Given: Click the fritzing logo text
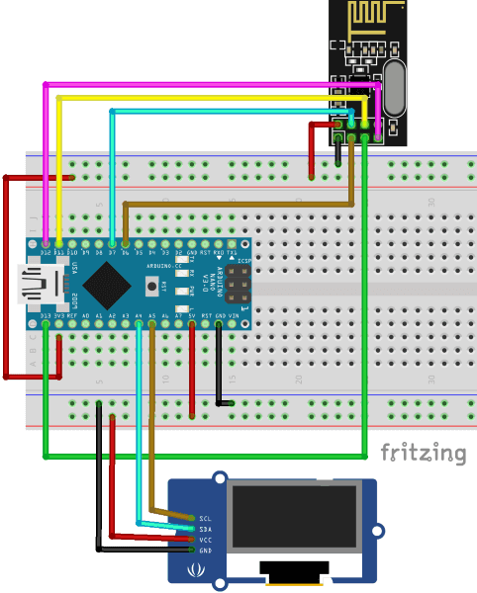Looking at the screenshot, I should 424,454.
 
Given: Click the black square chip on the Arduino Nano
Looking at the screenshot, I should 105,285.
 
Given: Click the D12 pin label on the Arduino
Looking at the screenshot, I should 46,254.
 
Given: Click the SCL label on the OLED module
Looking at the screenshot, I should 205,518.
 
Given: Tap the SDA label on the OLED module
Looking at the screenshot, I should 205,529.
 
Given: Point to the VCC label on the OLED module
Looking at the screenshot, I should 205,540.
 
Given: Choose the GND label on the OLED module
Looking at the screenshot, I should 205,551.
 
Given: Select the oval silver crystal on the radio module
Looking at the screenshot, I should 393,87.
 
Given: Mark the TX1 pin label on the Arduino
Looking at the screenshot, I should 232,254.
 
